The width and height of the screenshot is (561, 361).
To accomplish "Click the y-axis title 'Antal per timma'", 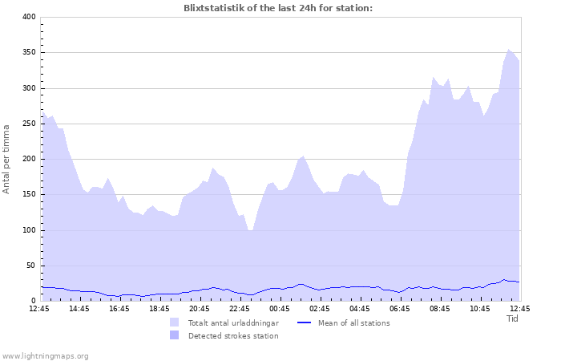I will [x=7, y=159].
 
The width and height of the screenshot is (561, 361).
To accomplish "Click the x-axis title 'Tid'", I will [x=513, y=318].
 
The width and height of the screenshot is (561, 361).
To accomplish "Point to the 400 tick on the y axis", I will [x=28, y=17].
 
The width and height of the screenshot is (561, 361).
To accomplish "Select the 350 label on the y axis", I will [x=28, y=52].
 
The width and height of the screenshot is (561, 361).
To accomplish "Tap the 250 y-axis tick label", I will [x=28, y=124].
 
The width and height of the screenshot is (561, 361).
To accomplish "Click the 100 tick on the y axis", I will [x=28, y=230].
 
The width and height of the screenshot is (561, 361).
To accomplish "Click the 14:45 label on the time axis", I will [x=79, y=308].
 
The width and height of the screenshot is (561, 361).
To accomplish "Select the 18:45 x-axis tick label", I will [x=159, y=308].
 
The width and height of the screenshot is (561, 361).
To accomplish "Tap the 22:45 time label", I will [x=239, y=308].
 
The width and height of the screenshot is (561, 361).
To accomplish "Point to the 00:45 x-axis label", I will [x=279, y=308].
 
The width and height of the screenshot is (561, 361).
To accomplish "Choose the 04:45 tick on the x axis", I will [x=359, y=308].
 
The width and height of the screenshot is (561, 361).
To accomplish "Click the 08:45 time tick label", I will [x=439, y=308].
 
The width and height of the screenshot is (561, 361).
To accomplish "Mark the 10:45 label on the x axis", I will [x=479, y=308].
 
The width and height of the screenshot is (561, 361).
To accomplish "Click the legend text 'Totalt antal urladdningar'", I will [x=233, y=322].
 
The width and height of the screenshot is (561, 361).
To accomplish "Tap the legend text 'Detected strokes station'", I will [x=233, y=335].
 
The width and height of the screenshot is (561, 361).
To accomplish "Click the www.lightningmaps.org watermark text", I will [x=45, y=355].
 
